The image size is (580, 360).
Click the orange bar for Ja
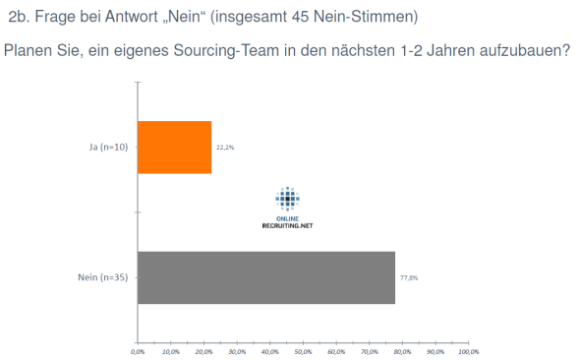click(x=174, y=148)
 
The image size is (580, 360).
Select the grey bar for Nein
click(x=265, y=278)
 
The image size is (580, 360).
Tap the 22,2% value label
click(x=225, y=148)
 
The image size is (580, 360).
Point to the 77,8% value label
click(x=409, y=278)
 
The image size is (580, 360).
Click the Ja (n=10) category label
click(x=108, y=148)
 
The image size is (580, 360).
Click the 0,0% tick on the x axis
click(x=138, y=351)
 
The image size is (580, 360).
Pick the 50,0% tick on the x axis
click(x=303, y=351)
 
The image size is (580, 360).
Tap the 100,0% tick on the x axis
click(x=468, y=351)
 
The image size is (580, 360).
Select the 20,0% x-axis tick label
click(x=203, y=351)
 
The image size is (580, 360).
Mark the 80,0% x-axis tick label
click(x=402, y=351)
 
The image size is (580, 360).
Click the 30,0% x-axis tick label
click(x=237, y=351)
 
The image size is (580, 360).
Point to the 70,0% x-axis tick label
click(x=369, y=351)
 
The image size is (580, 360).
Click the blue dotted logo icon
click(x=287, y=200)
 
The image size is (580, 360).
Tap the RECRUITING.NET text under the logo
click(x=287, y=224)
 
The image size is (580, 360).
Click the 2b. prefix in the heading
click(x=19, y=17)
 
